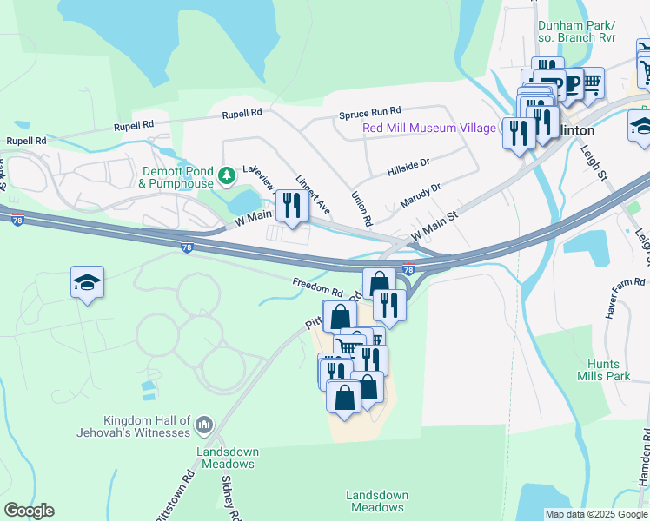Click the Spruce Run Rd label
point(369,111)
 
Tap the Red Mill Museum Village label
point(429,129)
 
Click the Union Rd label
point(361,209)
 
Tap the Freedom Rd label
point(318,286)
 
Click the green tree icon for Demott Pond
point(226,176)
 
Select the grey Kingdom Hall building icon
point(204,425)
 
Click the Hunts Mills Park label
point(604,370)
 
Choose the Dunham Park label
point(578,31)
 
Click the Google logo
point(29,511)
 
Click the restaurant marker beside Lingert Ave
point(291,206)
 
